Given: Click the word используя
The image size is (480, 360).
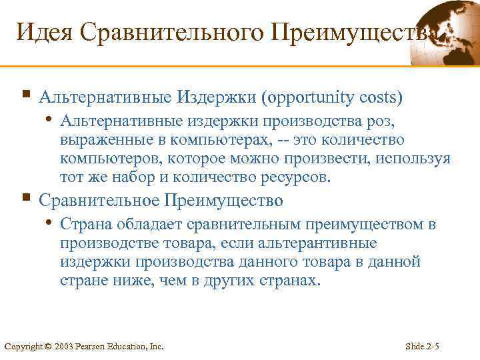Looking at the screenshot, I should pos(415,160).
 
